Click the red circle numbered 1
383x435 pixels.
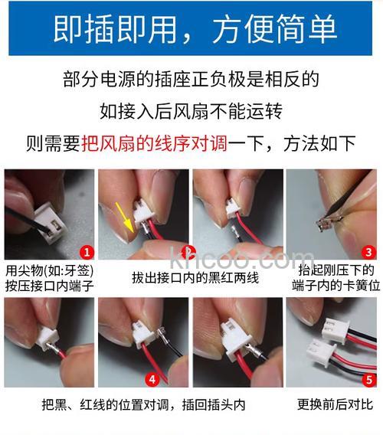pyautogui.click(x=87, y=251)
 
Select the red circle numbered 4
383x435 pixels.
pyautogui.click(x=153, y=378)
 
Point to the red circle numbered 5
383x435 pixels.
pyautogui.click(x=368, y=378)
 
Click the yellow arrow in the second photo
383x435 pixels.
pyautogui.click(x=122, y=214)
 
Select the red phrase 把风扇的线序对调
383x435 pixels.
pyautogui.click(x=154, y=142)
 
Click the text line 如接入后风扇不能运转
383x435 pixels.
pyautogui.click(x=191, y=111)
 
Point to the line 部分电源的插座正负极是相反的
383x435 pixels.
pyautogui.click(x=191, y=80)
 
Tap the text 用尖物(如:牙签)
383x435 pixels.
pyautogui.click(x=46, y=270)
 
